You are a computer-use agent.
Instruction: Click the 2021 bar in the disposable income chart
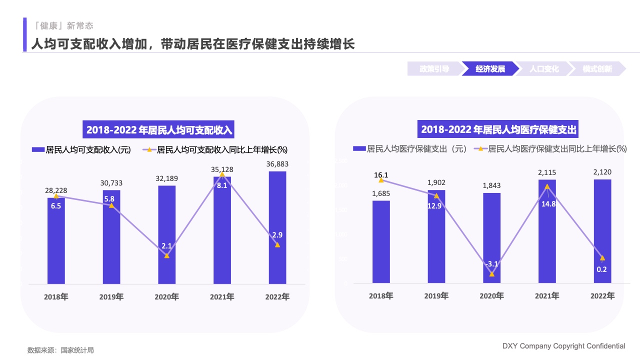pyautogui.click(x=222, y=235)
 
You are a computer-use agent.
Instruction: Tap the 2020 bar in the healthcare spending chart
pyautogui.click(x=491, y=235)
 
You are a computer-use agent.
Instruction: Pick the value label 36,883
pyautogui.click(x=277, y=164)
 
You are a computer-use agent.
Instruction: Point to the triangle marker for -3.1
pyautogui.click(x=492, y=274)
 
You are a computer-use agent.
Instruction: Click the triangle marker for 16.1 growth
pyautogui.click(x=381, y=180)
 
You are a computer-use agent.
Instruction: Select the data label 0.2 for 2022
pyautogui.click(x=602, y=269)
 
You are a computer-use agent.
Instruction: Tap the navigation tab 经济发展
pyautogui.click(x=490, y=69)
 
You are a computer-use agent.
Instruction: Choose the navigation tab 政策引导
pyautogui.click(x=434, y=69)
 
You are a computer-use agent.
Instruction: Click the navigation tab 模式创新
pyautogui.click(x=597, y=69)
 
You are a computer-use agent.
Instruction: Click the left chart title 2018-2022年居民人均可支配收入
pyautogui.click(x=159, y=130)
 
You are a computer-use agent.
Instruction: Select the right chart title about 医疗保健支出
pyautogui.click(x=499, y=129)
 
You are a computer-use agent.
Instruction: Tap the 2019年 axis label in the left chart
pyautogui.click(x=111, y=297)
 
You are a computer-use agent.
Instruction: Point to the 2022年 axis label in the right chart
pyautogui.click(x=602, y=296)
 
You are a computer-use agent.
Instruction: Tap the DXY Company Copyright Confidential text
pyautogui.click(x=563, y=346)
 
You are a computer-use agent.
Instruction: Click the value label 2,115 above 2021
pyautogui.click(x=547, y=172)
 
